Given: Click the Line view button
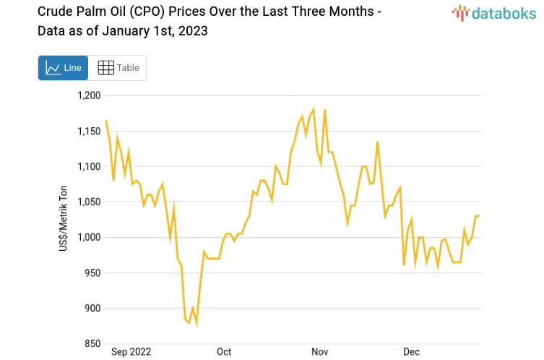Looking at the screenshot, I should [x=63, y=68].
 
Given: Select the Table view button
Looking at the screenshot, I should [x=118, y=68].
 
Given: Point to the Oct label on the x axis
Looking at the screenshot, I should [x=224, y=352].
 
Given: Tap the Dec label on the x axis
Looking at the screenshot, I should [x=411, y=352].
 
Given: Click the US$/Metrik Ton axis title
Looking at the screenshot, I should [x=64, y=220].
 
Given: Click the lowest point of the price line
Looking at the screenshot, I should [x=197, y=325].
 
